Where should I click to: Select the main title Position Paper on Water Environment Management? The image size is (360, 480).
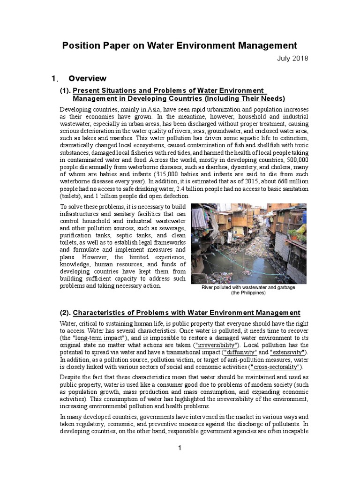pyautogui.click(x=180, y=45)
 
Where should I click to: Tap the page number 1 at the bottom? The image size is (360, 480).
pyautogui.click(x=180, y=448)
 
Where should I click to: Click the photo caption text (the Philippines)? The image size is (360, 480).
pyautogui.click(x=248, y=293)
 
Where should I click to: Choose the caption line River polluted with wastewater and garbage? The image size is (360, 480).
pyautogui.click(x=248, y=287)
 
